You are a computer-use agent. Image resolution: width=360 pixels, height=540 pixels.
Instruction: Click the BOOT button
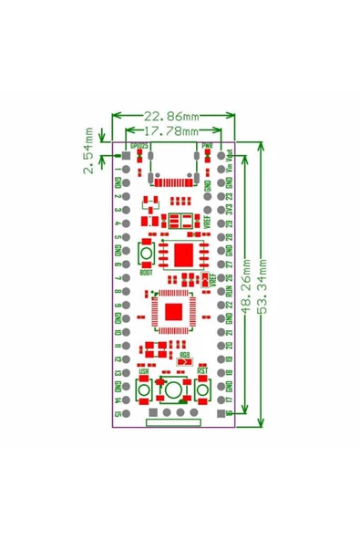pyautogui.click(x=144, y=254)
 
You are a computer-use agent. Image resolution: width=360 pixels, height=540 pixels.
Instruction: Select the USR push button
pyautogui.click(x=144, y=391)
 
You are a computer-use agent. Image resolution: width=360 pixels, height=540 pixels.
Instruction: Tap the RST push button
pyautogui.click(x=202, y=391)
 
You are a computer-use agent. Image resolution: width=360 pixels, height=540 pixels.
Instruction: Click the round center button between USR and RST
pyautogui.click(x=173, y=391)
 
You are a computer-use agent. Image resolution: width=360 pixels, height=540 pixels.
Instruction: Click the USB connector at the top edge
pyautogui.click(x=172, y=165)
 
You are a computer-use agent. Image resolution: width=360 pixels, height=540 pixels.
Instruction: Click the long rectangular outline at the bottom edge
pyautogui.click(x=172, y=422)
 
